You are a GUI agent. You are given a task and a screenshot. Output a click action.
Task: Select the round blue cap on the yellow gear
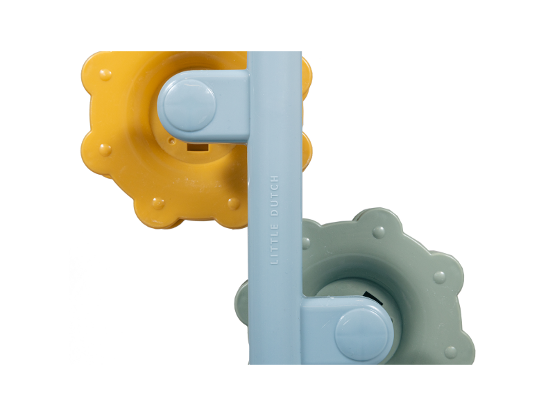pyautogui.click(x=190, y=105)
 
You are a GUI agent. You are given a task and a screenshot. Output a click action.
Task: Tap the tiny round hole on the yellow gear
pyautogui.click(x=172, y=141)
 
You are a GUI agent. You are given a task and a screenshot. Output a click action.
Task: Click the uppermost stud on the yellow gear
pyautogui.click(x=105, y=74)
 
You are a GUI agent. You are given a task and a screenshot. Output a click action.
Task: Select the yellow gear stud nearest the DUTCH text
pyautogui.click(x=233, y=203)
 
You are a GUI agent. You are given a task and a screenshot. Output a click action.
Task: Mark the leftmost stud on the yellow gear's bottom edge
pyautogui.click(x=158, y=203)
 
